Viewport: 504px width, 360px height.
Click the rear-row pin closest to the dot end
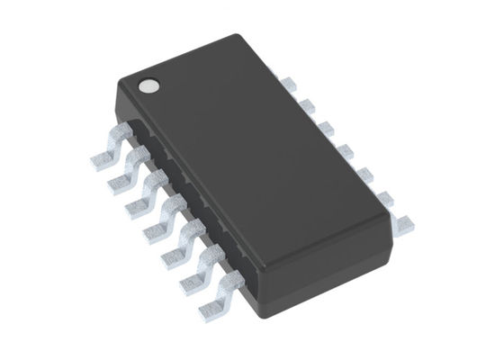pos(287,83)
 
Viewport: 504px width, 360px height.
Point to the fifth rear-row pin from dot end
pos(364,169)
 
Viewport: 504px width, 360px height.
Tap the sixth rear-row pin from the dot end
pos(385,193)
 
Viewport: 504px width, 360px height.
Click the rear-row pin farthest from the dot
pos(405,217)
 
